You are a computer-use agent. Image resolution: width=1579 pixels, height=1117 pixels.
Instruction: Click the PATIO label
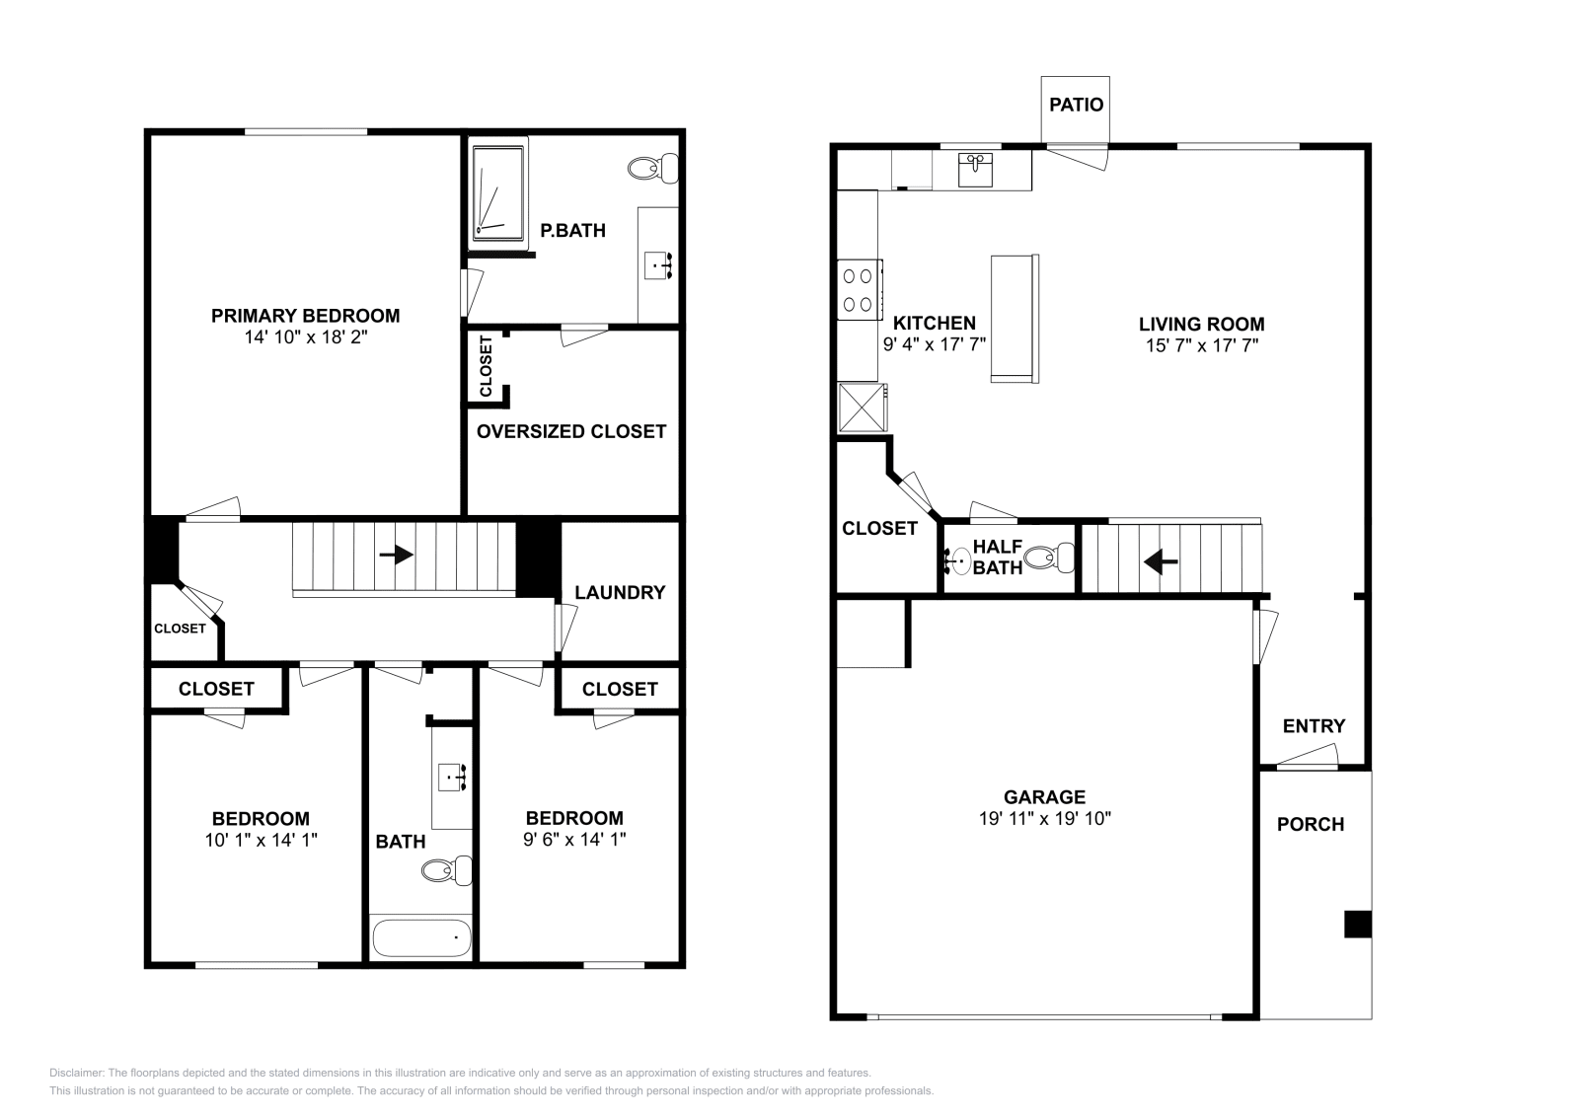(1076, 105)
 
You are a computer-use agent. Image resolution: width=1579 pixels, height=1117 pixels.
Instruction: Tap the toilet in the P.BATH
(651, 168)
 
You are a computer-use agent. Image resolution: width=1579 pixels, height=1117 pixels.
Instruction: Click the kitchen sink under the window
(976, 169)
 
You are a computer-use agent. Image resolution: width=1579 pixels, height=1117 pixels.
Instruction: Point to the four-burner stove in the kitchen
(859, 290)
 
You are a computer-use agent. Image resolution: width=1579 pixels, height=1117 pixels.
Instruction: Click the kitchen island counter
(1015, 318)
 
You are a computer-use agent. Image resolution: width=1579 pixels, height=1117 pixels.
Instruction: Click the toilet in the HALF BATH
(1048, 559)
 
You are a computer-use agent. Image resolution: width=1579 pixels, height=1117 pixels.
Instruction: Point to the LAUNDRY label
(620, 592)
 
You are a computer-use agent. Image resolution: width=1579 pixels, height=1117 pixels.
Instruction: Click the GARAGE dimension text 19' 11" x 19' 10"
(1044, 818)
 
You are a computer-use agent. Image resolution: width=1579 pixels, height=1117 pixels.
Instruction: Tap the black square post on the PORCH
(1358, 925)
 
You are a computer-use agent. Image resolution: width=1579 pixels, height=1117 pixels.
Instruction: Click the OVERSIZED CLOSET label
(571, 431)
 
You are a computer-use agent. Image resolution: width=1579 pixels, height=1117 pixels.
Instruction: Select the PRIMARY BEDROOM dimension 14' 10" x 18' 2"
(305, 336)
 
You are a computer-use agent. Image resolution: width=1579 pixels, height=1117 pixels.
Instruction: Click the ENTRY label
(1314, 726)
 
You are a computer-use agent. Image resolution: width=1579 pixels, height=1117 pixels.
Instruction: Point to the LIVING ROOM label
(1201, 324)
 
